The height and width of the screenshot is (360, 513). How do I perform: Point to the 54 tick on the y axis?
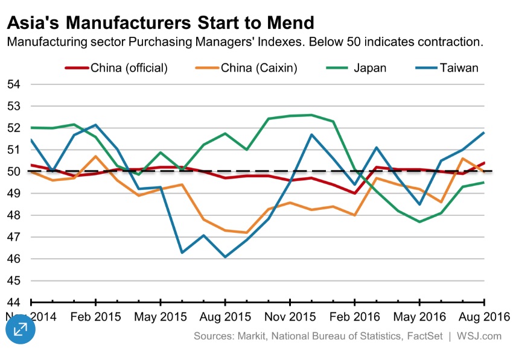pyautogui.click(x=14, y=84)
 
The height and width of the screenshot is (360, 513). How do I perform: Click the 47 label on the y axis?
pyautogui.click(x=14, y=237)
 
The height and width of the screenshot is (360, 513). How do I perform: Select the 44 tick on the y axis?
pyautogui.click(x=14, y=302)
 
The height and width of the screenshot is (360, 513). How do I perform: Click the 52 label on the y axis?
pyautogui.click(x=14, y=128)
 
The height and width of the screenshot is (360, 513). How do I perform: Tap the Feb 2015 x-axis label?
pyautogui.click(x=95, y=317)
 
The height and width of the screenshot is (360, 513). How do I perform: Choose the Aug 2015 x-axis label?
pyautogui.click(x=225, y=317)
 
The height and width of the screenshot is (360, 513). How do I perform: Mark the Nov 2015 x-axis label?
pyautogui.click(x=290, y=317)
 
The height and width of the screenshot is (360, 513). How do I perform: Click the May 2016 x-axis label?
pyautogui.click(x=420, y=317)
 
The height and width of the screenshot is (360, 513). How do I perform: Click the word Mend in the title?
pyautogui.click(x=288, y=23)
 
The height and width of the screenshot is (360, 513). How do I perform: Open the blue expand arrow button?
pyautogui.click(x=21, y=329)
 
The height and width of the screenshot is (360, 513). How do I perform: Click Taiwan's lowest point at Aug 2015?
pyautogui.click(x=225, y=257)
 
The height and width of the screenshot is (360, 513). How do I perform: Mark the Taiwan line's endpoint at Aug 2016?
pyautogui.click(x=485, y=133)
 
